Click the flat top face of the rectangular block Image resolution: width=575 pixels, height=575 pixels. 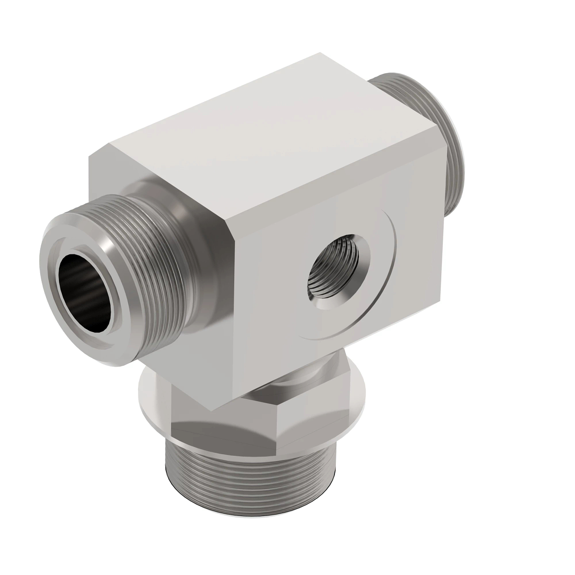(x=268, y=134)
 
